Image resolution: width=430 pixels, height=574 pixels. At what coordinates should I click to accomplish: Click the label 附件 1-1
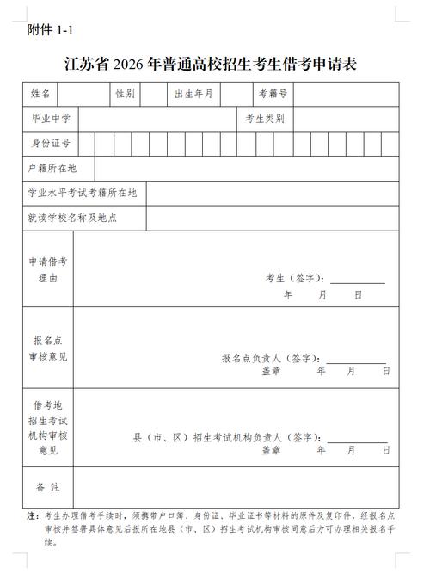click(x=51, y=30)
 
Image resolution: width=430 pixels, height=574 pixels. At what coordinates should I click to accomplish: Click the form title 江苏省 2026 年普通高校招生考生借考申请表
click(x=211, y=64)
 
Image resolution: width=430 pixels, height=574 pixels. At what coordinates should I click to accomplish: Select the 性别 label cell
click(x=125, y=93)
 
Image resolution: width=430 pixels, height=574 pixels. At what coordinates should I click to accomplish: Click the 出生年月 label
click(x=193, y=93)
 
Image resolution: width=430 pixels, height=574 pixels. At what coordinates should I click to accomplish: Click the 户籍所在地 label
click(x=52, y=168)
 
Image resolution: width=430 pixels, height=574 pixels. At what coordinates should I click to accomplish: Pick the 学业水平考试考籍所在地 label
click(x=83, y=193)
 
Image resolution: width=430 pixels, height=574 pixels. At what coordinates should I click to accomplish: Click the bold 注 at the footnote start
click(x=31, y=516)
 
